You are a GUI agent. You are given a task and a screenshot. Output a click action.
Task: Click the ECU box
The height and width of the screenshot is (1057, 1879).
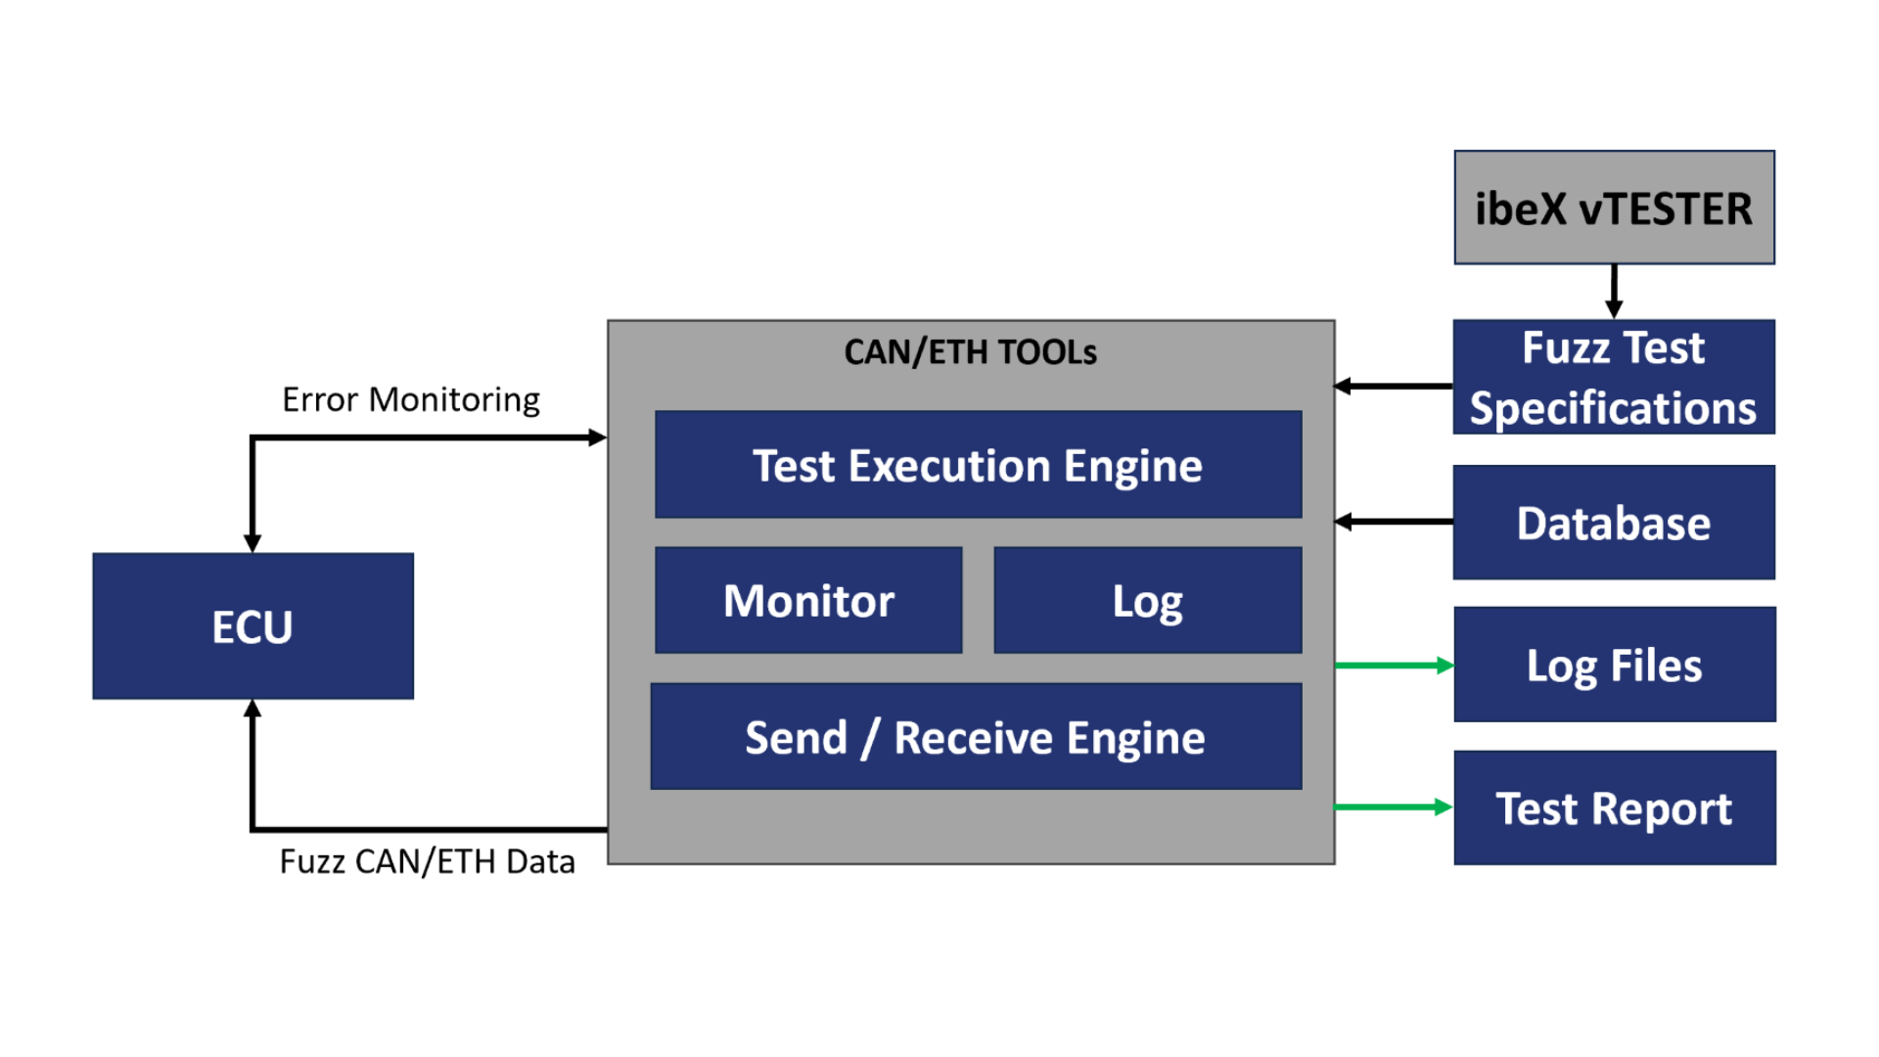pyautogui.click(x=252, y=625)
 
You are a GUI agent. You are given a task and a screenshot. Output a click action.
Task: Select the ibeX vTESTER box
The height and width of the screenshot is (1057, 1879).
pyautogui.click(x=1614, y=207)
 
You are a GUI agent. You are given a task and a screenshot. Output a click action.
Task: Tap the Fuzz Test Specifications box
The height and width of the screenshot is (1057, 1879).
pyautogui.click(x=1614, y=377)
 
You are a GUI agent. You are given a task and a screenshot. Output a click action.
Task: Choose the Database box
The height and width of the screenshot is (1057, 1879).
pyautogui.click(x=1614, y=523)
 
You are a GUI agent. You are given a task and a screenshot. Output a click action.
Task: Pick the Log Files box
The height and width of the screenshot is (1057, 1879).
pyautogui.click(x=1615, y=665)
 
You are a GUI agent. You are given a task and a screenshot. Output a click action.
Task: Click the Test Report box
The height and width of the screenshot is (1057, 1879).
pyautogui.click(x=1615, y=807)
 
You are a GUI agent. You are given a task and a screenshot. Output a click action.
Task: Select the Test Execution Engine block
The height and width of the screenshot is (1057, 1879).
pyautogui.click(x=979, y=464)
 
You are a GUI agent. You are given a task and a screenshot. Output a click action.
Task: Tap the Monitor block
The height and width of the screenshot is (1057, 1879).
pyautogui.click(x=808, y=600)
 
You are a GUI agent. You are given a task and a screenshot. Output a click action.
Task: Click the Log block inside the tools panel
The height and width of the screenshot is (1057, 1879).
pyautogui.click(x=1148, y=600)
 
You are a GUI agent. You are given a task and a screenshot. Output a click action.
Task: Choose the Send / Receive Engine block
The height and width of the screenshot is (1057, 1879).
pyautogui.click(x=976, y=736)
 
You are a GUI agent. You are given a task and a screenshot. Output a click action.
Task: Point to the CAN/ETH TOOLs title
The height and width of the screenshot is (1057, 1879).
pyautogui.click(x=971, y=352)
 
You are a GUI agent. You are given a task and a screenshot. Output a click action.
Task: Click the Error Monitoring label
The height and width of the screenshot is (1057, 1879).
pyautogui.click(x=411, y=400)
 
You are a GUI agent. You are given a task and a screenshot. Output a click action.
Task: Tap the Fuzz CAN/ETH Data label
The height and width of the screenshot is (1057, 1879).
pyautogui.click(x=428, y=861)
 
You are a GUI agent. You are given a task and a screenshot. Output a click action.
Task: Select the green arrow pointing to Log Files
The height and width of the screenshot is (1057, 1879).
pyautogui.click(x=1395, y=666)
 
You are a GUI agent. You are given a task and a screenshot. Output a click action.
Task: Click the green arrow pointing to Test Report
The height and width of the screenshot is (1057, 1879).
pyautogui.click(x=1395, y=807)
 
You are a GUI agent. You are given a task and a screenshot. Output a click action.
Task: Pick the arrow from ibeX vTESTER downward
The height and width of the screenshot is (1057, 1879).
pyautogui.click(x=1615, y=292)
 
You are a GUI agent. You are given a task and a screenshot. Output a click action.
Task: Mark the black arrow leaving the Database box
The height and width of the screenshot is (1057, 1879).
pyautogui.click(x=1394, y=522)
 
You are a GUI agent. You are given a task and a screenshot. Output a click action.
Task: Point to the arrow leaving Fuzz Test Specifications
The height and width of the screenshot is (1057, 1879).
pyautogui.click(x=1394, y=387)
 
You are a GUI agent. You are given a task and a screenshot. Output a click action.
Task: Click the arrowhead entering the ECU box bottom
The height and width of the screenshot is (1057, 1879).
pyautogui.click(x=252, y=708)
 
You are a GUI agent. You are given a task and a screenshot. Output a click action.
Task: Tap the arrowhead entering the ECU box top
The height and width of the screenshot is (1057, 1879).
pyautogui.click(x=252, y=544)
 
